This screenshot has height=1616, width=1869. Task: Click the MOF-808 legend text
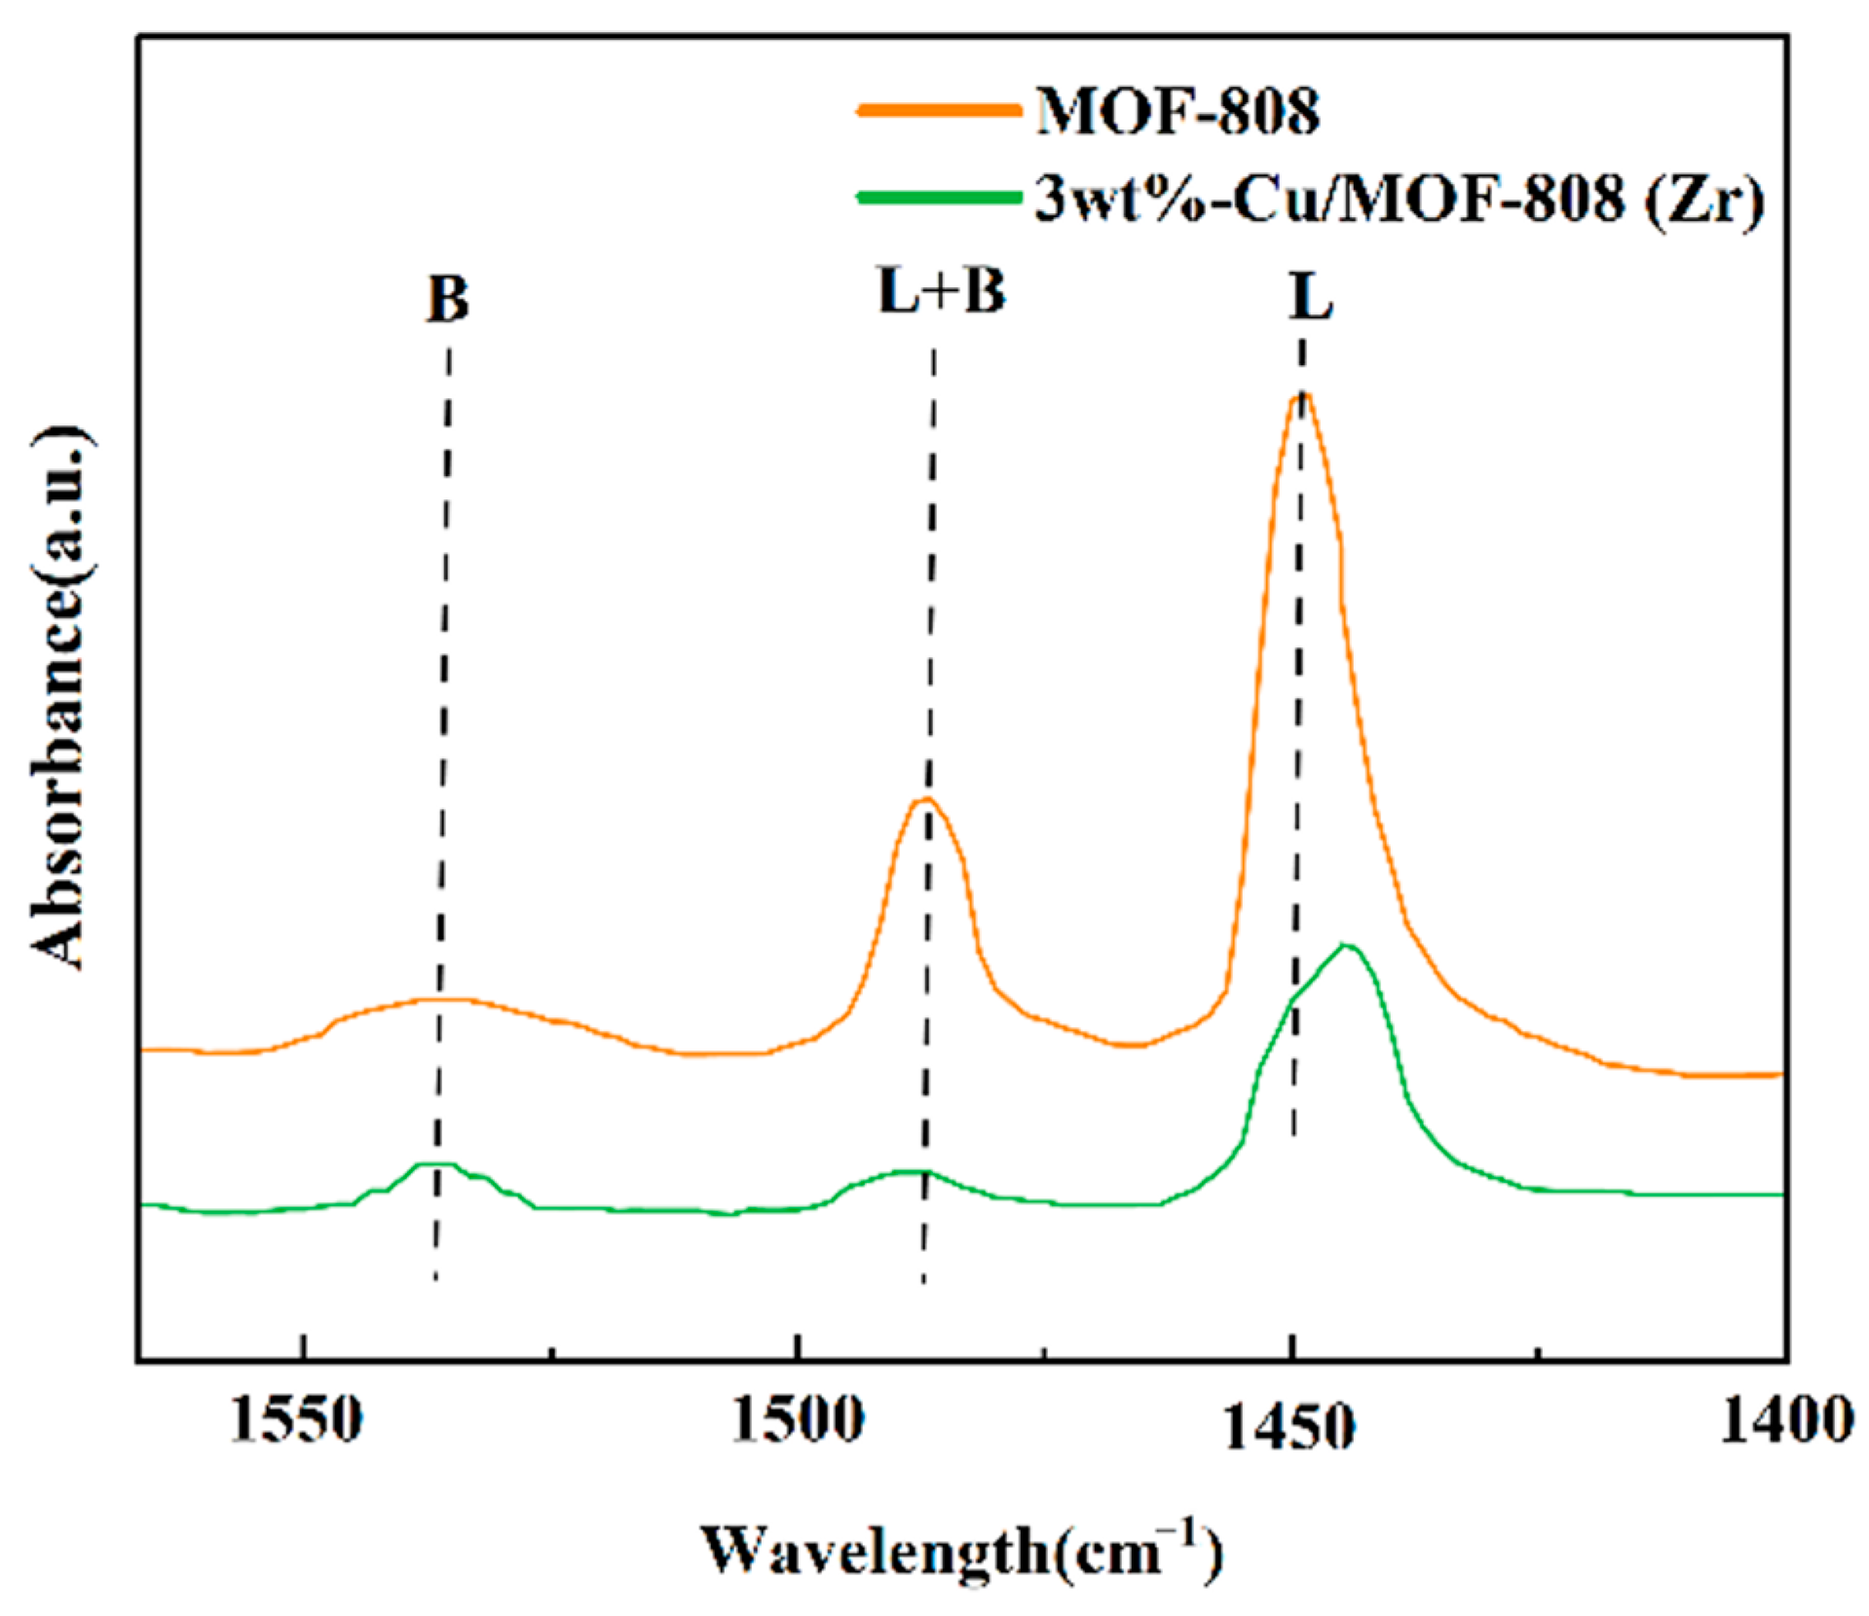(1177, 112)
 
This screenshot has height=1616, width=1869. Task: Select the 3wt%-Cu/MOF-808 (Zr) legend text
(1399, 200)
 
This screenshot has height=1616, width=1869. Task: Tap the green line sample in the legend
(939, 198)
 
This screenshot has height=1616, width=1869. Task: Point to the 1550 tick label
(296, 1421)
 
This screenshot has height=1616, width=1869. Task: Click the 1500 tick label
(797, 1421)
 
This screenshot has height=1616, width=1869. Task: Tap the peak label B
(447, 299)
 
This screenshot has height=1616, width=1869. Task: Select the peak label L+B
(941, 291)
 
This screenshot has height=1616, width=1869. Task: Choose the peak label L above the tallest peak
(1311, 297)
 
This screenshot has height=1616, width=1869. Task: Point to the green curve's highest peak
(1346, 945)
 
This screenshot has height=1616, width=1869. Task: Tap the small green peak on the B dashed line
(436, 1164)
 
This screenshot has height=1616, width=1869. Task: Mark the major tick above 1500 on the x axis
(798, 1347)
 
